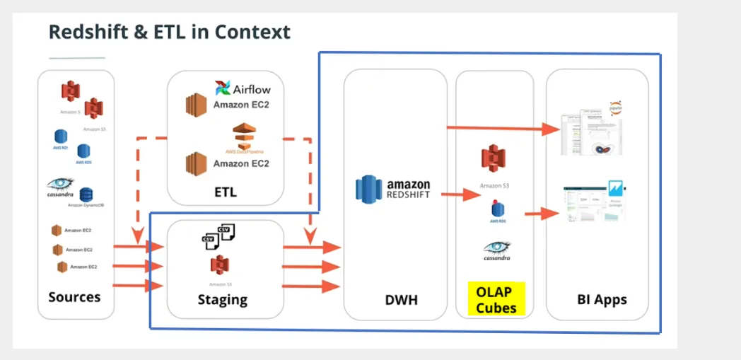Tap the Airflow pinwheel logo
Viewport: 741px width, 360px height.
223,88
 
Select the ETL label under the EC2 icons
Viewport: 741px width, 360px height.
226,192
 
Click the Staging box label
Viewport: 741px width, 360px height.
223,299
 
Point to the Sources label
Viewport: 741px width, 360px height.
74,297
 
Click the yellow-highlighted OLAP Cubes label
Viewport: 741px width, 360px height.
496,299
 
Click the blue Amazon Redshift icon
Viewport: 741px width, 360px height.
368,189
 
